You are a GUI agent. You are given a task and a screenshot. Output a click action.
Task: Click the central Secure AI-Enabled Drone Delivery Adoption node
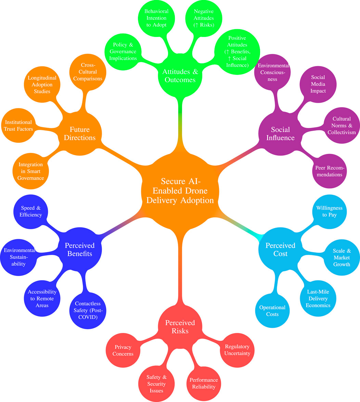point(180,191)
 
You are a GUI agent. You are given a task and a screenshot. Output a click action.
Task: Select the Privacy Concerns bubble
point(123,350)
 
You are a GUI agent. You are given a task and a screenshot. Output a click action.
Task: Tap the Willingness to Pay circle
point(329,211)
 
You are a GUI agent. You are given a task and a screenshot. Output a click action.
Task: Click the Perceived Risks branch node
point(180,327)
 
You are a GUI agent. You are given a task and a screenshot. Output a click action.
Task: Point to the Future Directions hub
point(80,133)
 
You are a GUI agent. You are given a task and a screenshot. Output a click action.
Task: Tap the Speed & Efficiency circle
point(31,211)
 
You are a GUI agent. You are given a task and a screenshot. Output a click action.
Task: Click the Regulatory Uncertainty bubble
point(237,350)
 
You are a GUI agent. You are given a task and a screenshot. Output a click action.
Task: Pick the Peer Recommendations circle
point(329,171)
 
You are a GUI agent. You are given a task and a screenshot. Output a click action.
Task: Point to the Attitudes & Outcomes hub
point(180,76)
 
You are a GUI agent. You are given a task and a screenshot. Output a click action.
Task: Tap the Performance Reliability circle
point(203,383)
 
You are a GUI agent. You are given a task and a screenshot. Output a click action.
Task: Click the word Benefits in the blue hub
point(80,254)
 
